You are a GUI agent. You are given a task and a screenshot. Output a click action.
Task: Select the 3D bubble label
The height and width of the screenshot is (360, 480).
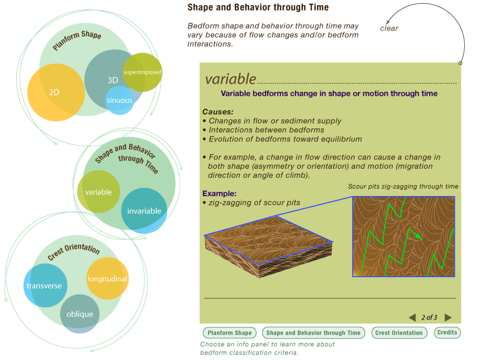point(113,80)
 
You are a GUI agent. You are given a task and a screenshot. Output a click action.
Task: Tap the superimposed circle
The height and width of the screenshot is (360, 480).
point(142,72)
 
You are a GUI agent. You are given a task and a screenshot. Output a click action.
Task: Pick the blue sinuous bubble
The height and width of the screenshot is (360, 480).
point(119,101)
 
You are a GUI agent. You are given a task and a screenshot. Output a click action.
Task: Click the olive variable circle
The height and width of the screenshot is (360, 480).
point(99,192)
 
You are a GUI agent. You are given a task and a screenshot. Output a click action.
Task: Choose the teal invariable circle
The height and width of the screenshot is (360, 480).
point(144,211)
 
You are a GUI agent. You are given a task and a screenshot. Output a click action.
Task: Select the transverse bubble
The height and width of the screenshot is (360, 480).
point(45,286)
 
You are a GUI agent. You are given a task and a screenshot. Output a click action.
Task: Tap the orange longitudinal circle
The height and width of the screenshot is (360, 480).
point(107,279)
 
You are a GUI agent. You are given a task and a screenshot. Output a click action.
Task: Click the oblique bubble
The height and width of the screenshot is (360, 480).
point(80,314)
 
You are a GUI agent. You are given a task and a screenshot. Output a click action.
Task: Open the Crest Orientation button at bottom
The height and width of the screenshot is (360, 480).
point(399,333)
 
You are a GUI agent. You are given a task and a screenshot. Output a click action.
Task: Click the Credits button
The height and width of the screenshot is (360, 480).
point(447,332)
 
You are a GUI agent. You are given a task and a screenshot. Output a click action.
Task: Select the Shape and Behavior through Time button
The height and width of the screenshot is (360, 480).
point(313,333)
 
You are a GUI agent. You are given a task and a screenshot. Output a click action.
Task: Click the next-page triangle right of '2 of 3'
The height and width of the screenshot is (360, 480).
point(448,318)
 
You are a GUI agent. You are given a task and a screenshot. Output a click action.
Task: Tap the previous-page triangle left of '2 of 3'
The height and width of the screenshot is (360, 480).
point(412,318)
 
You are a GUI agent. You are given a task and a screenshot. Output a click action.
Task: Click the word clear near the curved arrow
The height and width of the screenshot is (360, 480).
point(389,28)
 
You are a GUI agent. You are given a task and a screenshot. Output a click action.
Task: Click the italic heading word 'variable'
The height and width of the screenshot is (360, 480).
point(231,79)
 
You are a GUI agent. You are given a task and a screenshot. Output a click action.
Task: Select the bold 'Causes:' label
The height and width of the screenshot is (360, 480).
point(218,112)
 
